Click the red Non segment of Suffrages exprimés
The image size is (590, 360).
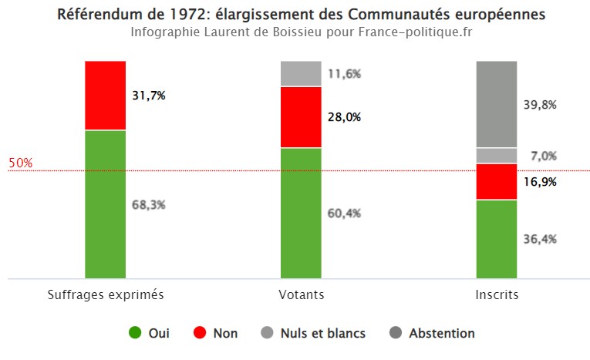105,96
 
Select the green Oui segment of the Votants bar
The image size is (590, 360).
301,212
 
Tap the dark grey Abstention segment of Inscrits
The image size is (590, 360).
497,104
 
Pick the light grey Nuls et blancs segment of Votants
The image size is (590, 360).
301,74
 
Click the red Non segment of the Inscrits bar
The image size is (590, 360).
497,182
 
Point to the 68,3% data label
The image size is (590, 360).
149,205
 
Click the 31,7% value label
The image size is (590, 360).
149,96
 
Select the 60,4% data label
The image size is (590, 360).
345,213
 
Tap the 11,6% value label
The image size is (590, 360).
345,74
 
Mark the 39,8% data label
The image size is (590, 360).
540,105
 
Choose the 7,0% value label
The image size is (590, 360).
543,156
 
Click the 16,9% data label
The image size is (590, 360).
540,182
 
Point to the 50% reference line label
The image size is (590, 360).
20,163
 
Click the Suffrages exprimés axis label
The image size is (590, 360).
106,294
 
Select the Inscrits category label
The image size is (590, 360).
497,294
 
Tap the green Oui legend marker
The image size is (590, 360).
135,334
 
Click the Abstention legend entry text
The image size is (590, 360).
442,334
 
